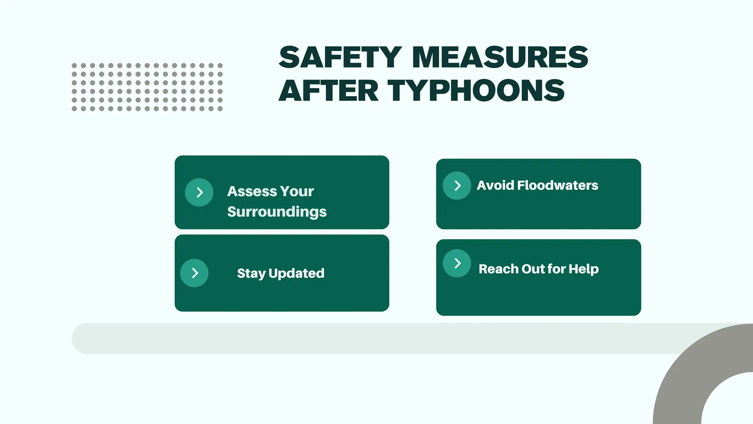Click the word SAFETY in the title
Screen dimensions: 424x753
(x=340, y=57)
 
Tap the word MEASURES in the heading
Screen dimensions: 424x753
(x=500, y=57)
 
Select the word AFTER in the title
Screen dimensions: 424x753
(x=328, y=91)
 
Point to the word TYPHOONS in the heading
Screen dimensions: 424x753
(x=476, y=91)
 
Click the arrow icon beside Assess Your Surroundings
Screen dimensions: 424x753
(x=199, y=192)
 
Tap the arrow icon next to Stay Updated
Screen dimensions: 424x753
(x=195, y=273)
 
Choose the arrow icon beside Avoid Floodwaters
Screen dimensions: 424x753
(x=457, y=185)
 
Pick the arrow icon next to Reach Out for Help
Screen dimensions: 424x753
(x=457, y=263)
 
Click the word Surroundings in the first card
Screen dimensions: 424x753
(x=277, y=212)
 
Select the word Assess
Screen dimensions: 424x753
(x=252, y=191)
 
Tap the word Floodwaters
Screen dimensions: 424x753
(x=557, y=185)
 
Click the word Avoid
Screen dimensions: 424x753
(x=495, y=185)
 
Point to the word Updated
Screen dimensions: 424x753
(x=296, y=273)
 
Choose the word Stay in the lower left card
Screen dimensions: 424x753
(x=251, y=273)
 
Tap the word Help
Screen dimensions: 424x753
(x=584, y=269)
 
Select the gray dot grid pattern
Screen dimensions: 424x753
(x=147, y=87)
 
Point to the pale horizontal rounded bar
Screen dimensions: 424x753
(x=368, y=339)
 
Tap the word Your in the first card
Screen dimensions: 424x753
(x=297, y=191)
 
